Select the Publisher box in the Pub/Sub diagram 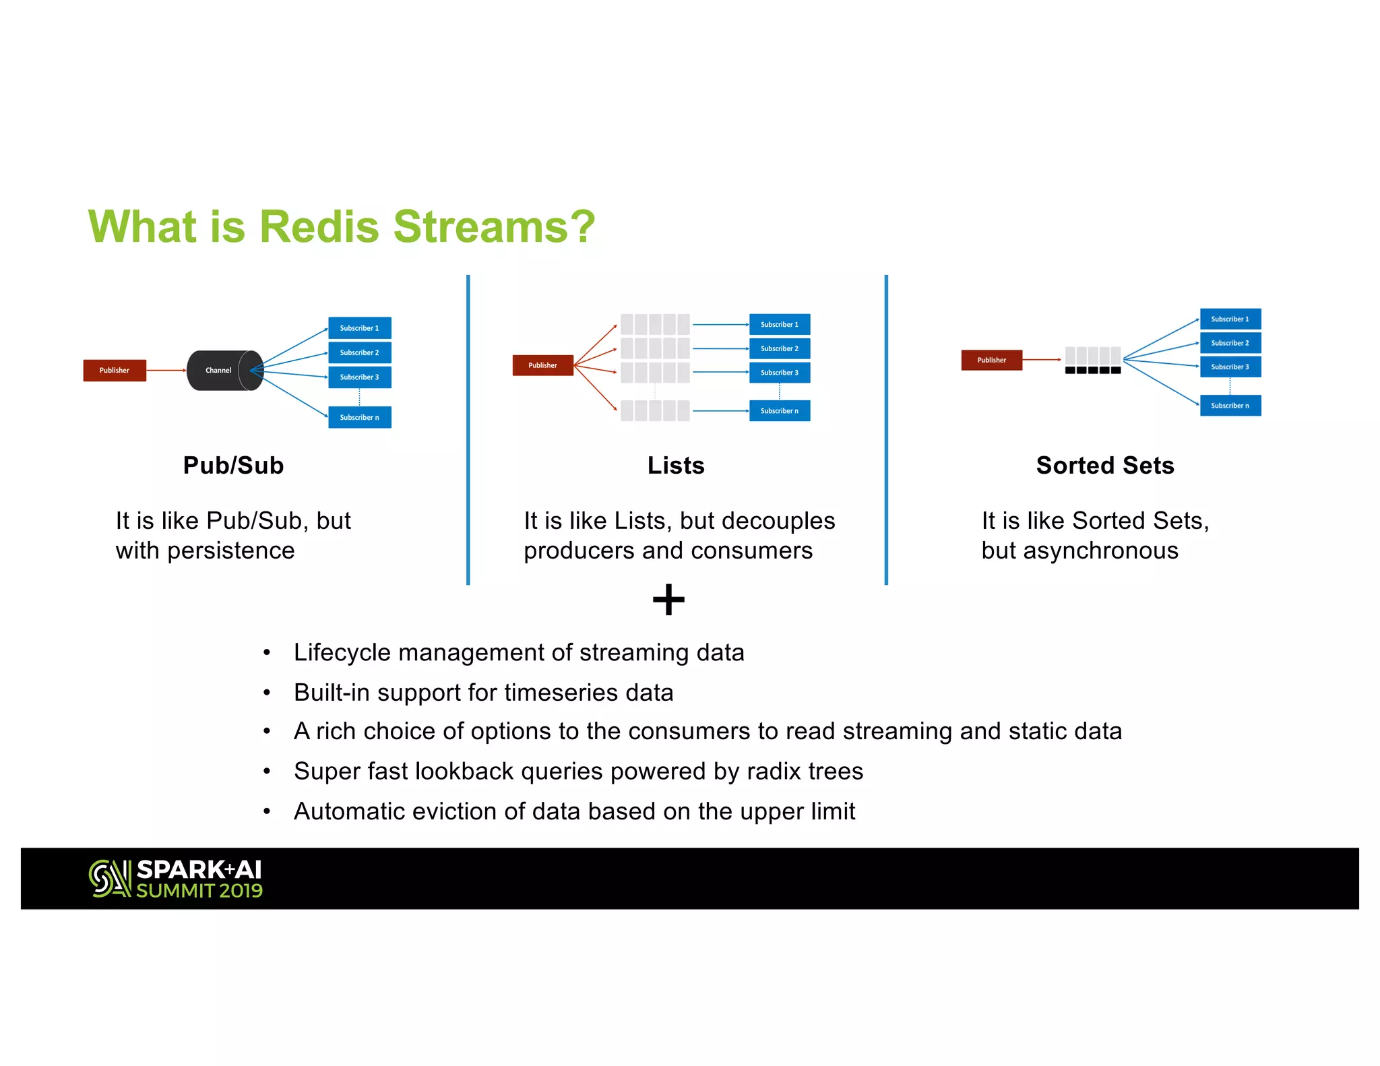point(115,370)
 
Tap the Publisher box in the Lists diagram point(542,365)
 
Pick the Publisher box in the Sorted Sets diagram point(991,360)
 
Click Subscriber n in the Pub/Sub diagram point(359,417)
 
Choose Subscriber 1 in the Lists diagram point(779,324)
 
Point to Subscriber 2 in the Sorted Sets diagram point(1230,343)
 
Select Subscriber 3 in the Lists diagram point(779,373)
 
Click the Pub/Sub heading point(233,466)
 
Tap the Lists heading point(676,466)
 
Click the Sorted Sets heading point(1105,466)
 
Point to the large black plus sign point(668,599)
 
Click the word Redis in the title point(319,226)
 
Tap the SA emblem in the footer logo point(110,878)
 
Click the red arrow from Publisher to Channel point(166,370)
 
